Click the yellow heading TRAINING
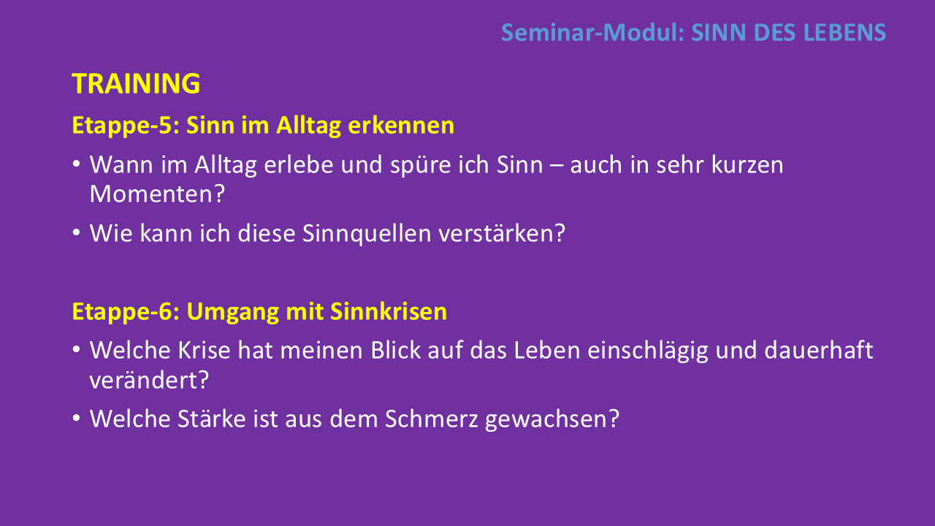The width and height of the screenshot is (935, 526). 136,83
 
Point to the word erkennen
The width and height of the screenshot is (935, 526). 401,125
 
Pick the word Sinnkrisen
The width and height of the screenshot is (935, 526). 389,311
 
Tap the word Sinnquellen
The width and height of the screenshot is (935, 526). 367,233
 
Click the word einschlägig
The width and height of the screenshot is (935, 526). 648,351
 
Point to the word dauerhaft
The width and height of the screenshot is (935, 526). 819,350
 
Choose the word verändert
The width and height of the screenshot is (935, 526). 144,381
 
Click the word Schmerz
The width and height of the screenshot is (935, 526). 431,419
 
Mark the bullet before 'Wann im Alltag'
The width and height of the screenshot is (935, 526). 76,164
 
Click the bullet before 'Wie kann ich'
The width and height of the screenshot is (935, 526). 76,232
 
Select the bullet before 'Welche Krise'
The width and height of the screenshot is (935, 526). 76,349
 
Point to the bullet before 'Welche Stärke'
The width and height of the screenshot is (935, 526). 76,418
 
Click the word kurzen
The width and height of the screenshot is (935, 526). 747,165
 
